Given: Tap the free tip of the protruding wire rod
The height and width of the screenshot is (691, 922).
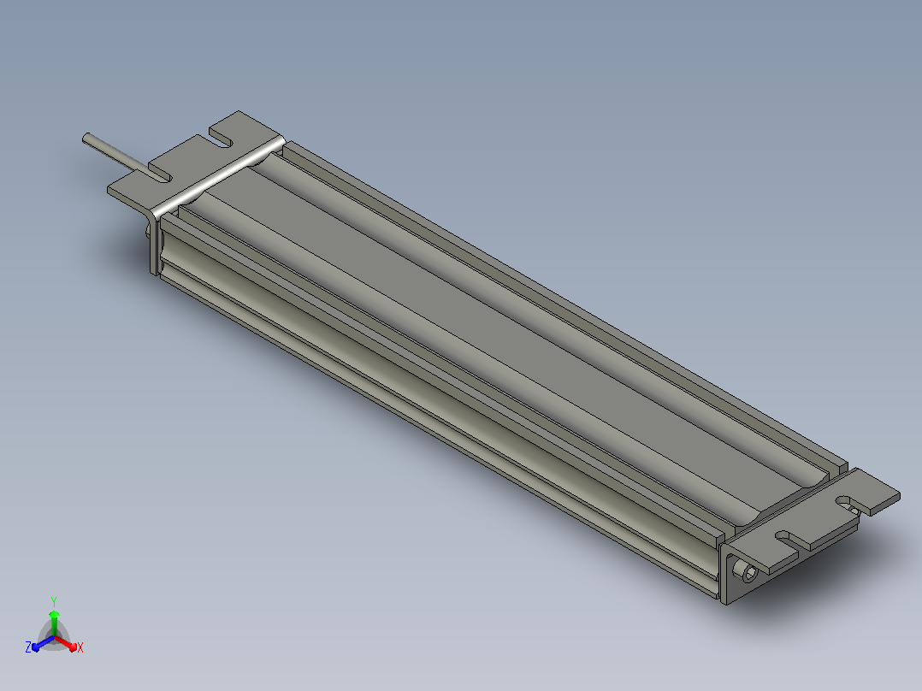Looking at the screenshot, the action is coord(86,138).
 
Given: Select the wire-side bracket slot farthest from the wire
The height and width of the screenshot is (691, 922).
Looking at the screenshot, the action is coord(221,140).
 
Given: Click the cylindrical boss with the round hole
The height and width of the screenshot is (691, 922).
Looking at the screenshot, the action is coord(748,572).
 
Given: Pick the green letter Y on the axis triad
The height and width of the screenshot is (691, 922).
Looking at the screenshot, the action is coord(54,601).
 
